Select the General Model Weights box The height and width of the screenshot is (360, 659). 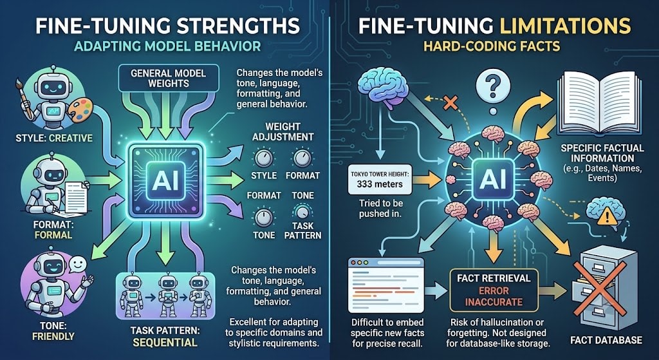[169, 78]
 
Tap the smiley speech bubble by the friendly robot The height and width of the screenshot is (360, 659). [77, 265]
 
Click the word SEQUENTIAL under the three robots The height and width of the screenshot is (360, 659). [165, 343]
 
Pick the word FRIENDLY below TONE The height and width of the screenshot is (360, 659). [53, 336]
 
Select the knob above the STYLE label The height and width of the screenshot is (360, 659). [264, 158]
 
